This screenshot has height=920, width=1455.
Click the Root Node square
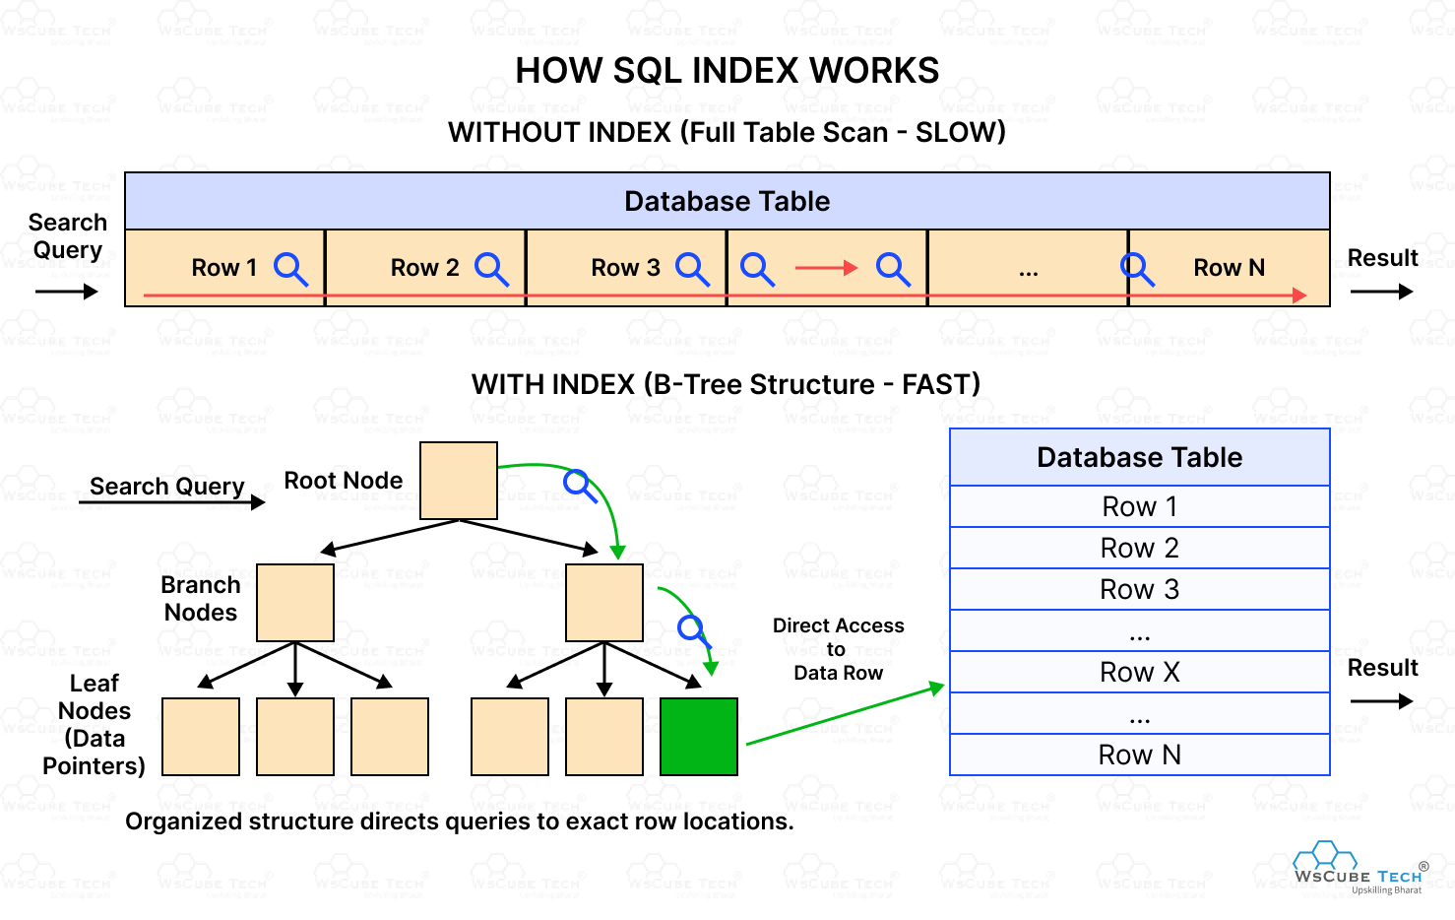click(459, 481)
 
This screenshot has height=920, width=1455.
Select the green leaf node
click(699, 737)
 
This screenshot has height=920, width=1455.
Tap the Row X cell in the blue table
click(1140, 672)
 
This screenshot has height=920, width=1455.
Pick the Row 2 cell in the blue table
click(1140, 548)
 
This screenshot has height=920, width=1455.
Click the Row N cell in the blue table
click(1140, 755)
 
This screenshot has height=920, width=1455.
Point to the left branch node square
click(295, 603)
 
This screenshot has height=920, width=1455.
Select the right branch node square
click(604, 603)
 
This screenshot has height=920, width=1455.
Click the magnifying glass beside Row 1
click(290, 270)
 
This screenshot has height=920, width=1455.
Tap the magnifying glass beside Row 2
click(491, 270)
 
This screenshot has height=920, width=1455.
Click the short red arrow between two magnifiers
click(826, 268)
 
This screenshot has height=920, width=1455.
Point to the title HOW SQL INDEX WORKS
click(727, 70)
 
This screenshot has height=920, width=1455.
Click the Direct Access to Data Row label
click(838, 649)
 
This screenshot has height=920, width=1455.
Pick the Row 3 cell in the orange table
click(626, 268)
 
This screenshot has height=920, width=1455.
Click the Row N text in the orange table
click(1229, 268)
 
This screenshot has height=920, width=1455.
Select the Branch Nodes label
click(201, 598)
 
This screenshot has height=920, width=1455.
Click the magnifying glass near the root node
click(580, 486)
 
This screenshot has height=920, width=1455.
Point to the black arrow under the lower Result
click(1381, 701)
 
